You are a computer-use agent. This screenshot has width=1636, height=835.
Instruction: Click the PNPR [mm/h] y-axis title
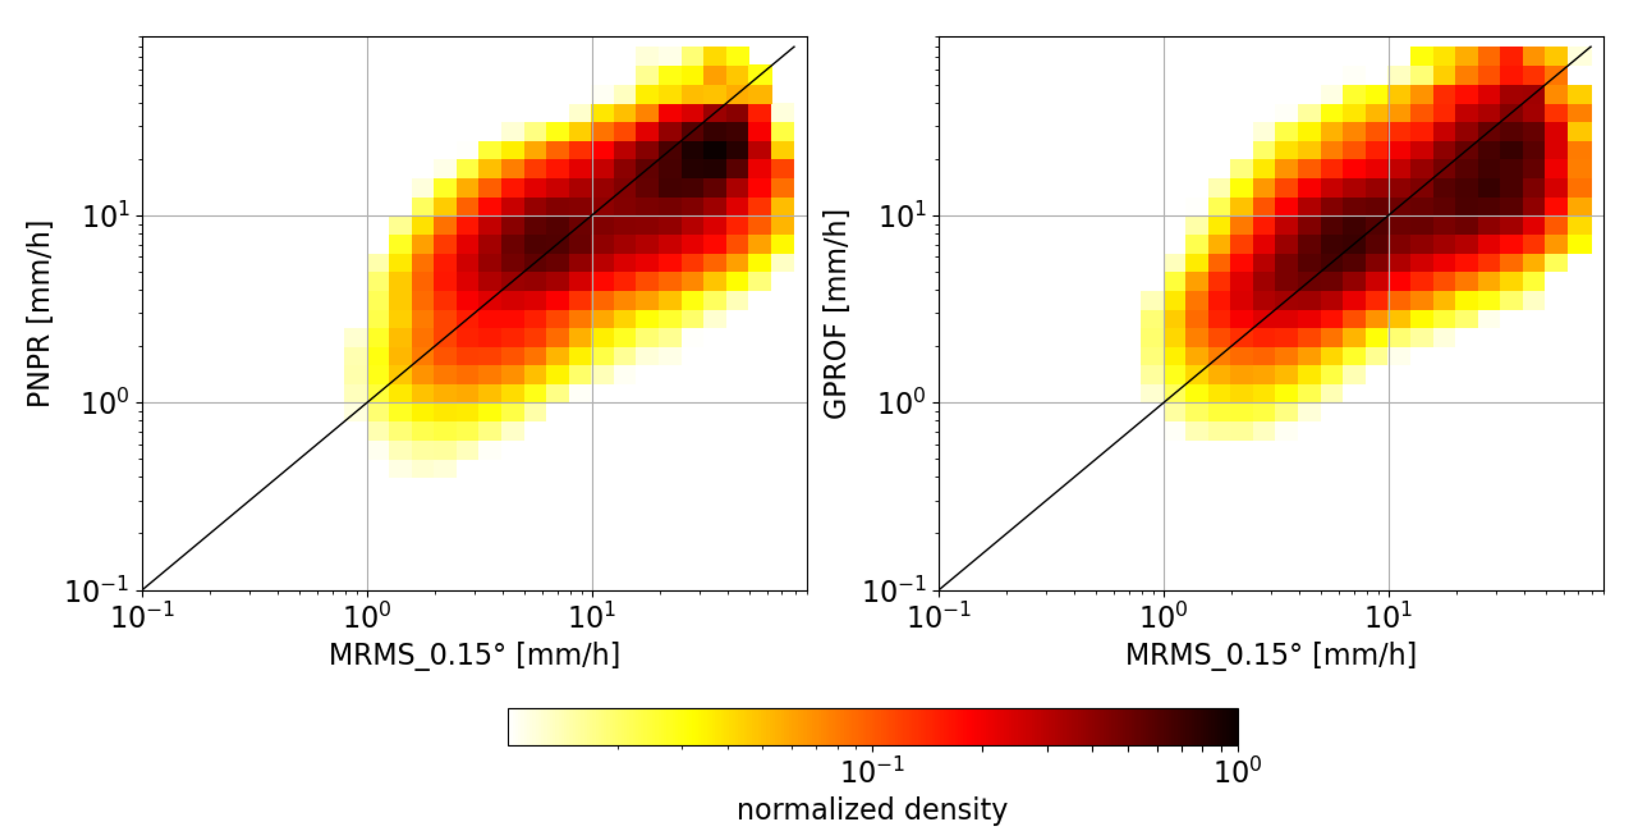pos(38,314)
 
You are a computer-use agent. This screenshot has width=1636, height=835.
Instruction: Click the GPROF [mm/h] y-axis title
pos(835,314)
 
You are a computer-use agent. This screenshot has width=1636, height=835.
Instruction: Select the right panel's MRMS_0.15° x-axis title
pos(1271,655)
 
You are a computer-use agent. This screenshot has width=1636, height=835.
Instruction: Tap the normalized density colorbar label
pos(872,809)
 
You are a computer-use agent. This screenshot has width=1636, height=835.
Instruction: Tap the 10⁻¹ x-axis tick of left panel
pos(142,615)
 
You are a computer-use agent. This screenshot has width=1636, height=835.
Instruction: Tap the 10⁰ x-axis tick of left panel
pos(367,615)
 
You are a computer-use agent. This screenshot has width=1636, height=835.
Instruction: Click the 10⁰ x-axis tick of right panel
pos(1164,615)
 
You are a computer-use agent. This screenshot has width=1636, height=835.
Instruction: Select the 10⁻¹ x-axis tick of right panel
pos(939,615)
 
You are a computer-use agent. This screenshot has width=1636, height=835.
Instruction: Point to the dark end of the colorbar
pos(1232,727)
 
